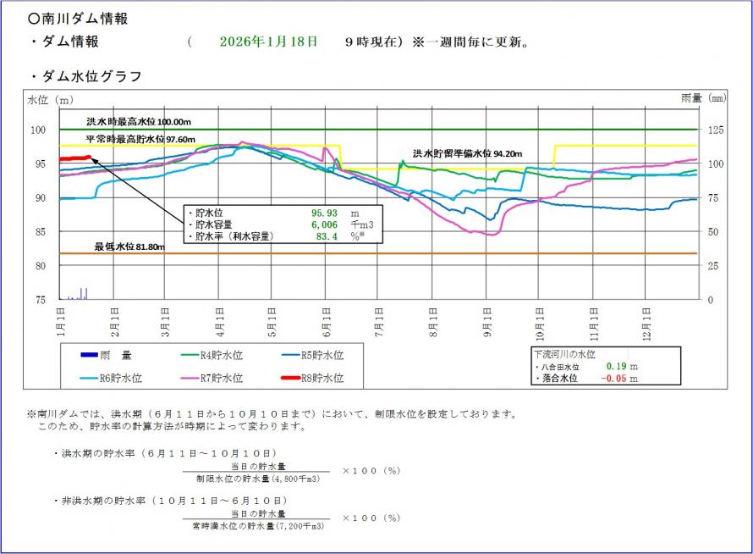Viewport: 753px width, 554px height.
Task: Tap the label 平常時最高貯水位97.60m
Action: [x=140, y=139]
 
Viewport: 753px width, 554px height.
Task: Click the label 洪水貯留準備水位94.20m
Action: [x=467, y=153]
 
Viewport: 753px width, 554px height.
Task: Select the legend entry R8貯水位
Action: [x=323, y=378]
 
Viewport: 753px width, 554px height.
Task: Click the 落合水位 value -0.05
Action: [x=616, y=379]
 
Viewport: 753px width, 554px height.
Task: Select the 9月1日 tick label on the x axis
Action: [x=487, y=323]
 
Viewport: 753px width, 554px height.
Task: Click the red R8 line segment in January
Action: [x=74, y=158]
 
